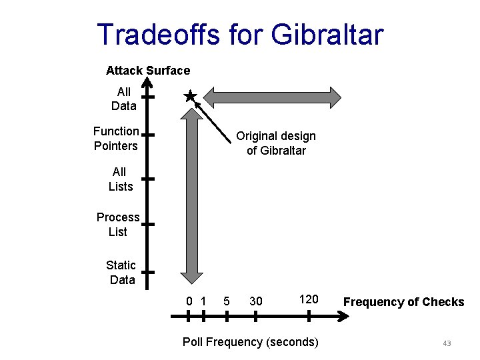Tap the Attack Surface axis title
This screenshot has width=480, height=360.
[148, 71]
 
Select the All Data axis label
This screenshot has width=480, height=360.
[124, 99]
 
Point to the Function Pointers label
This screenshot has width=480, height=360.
[116, 139]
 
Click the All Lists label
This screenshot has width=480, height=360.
[121, 179]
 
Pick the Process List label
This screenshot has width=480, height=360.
[118, 225]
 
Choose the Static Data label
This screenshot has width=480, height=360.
[121, 273]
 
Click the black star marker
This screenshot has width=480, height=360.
[190, 97]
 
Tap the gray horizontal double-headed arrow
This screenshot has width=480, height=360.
[272, 97]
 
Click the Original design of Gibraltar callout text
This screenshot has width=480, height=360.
[276, 143]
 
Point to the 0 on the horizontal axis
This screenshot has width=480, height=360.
[189, 301]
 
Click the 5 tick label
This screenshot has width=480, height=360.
[227, 301]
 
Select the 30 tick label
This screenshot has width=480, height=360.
[256, 301]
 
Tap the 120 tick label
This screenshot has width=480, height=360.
[309, 299]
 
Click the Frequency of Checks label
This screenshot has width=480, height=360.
[403, 302]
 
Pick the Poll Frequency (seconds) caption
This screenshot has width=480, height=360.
[251, 342]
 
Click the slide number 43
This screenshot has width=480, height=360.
[447, 343]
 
